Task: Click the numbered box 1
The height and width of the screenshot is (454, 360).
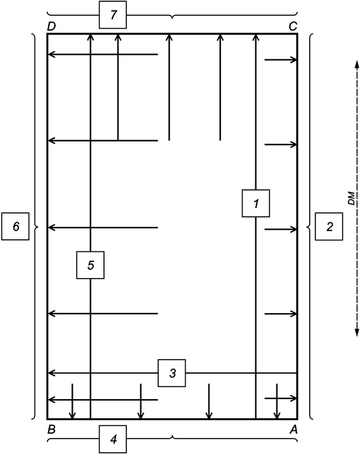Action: pos(256,203)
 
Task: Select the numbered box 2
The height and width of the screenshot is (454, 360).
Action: pos(329,226)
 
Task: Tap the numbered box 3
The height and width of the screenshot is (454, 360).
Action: pos(172,372)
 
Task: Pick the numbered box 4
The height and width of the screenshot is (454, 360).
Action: pos(113,440)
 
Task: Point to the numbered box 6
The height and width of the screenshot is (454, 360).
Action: pos(15,226)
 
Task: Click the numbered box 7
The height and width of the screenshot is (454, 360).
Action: pos(113,15)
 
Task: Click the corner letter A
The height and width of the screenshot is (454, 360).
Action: pos(294,430)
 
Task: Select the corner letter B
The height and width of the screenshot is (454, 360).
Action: pos(51,430)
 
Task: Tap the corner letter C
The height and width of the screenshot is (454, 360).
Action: pos(294,26)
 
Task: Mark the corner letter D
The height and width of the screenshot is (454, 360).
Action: pos(51,26)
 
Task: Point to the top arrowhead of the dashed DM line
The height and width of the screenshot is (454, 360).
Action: pos(356,59)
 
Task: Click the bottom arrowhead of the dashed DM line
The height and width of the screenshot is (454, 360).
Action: pos(356,332)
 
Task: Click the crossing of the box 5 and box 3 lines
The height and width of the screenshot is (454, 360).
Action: pos(90,372)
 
